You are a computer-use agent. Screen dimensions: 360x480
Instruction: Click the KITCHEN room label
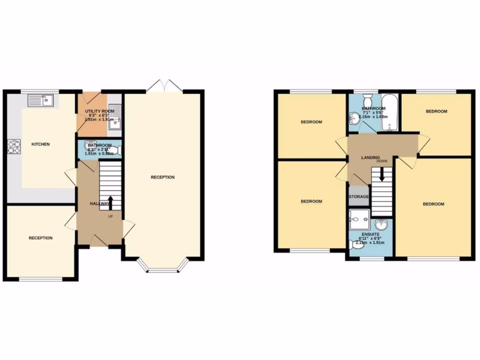pyautogui.click(x=40, y=144)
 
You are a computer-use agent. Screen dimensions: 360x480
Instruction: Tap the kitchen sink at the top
pyautogui.click(x=41, y=100)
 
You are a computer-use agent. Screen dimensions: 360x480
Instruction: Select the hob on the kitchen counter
pyautogui.click(x=14, y=147)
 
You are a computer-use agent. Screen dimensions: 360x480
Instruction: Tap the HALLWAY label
pyautogui.click(x=99, y=204)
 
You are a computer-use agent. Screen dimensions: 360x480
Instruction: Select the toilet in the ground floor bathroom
pyautogui.click(x=117, y=150)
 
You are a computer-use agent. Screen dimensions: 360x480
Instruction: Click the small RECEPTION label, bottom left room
pyautogui.click(x=41, y=238)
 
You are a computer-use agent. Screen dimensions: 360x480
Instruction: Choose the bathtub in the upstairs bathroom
pyautogui.click(x=389, y=113)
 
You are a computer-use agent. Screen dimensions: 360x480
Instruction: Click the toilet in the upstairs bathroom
pyautogui.click(x=367, y=100)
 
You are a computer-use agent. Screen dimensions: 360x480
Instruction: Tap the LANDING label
pyautogui.click(x=370, y=157)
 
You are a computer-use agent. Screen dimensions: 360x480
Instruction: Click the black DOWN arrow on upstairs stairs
pyautogui.click(x=382, y=175)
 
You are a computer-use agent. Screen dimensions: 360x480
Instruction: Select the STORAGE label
pyautogui.click(x=359, y=196)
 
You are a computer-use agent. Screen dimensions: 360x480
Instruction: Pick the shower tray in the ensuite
pyautogui.click(x=360, y=218)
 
